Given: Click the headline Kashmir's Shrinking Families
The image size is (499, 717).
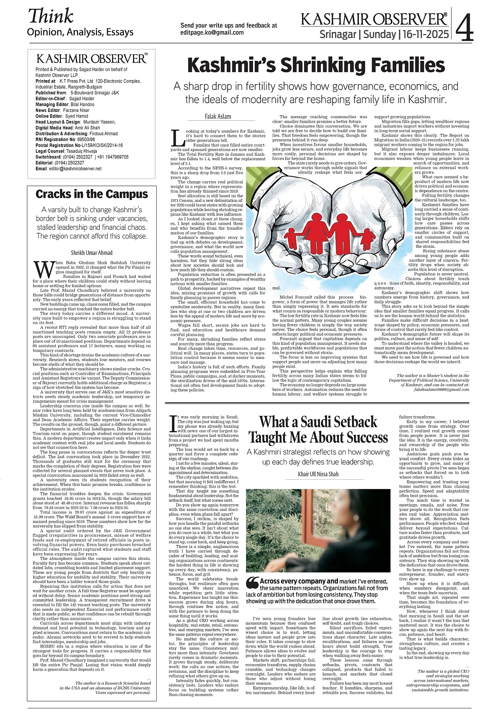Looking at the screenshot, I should [x=316, y=66].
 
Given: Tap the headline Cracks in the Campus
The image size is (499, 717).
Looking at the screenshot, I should [x=92, y=194].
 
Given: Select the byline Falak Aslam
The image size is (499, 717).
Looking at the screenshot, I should [x=218, y=116].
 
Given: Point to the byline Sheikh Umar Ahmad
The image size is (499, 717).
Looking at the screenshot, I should [x=92, y=253].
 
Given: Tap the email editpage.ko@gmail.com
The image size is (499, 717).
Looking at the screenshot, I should [x=212, y=32].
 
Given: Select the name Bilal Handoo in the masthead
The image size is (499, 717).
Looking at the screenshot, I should [x=82, y=105].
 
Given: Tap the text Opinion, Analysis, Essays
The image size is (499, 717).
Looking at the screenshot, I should [x=80, y=32].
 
